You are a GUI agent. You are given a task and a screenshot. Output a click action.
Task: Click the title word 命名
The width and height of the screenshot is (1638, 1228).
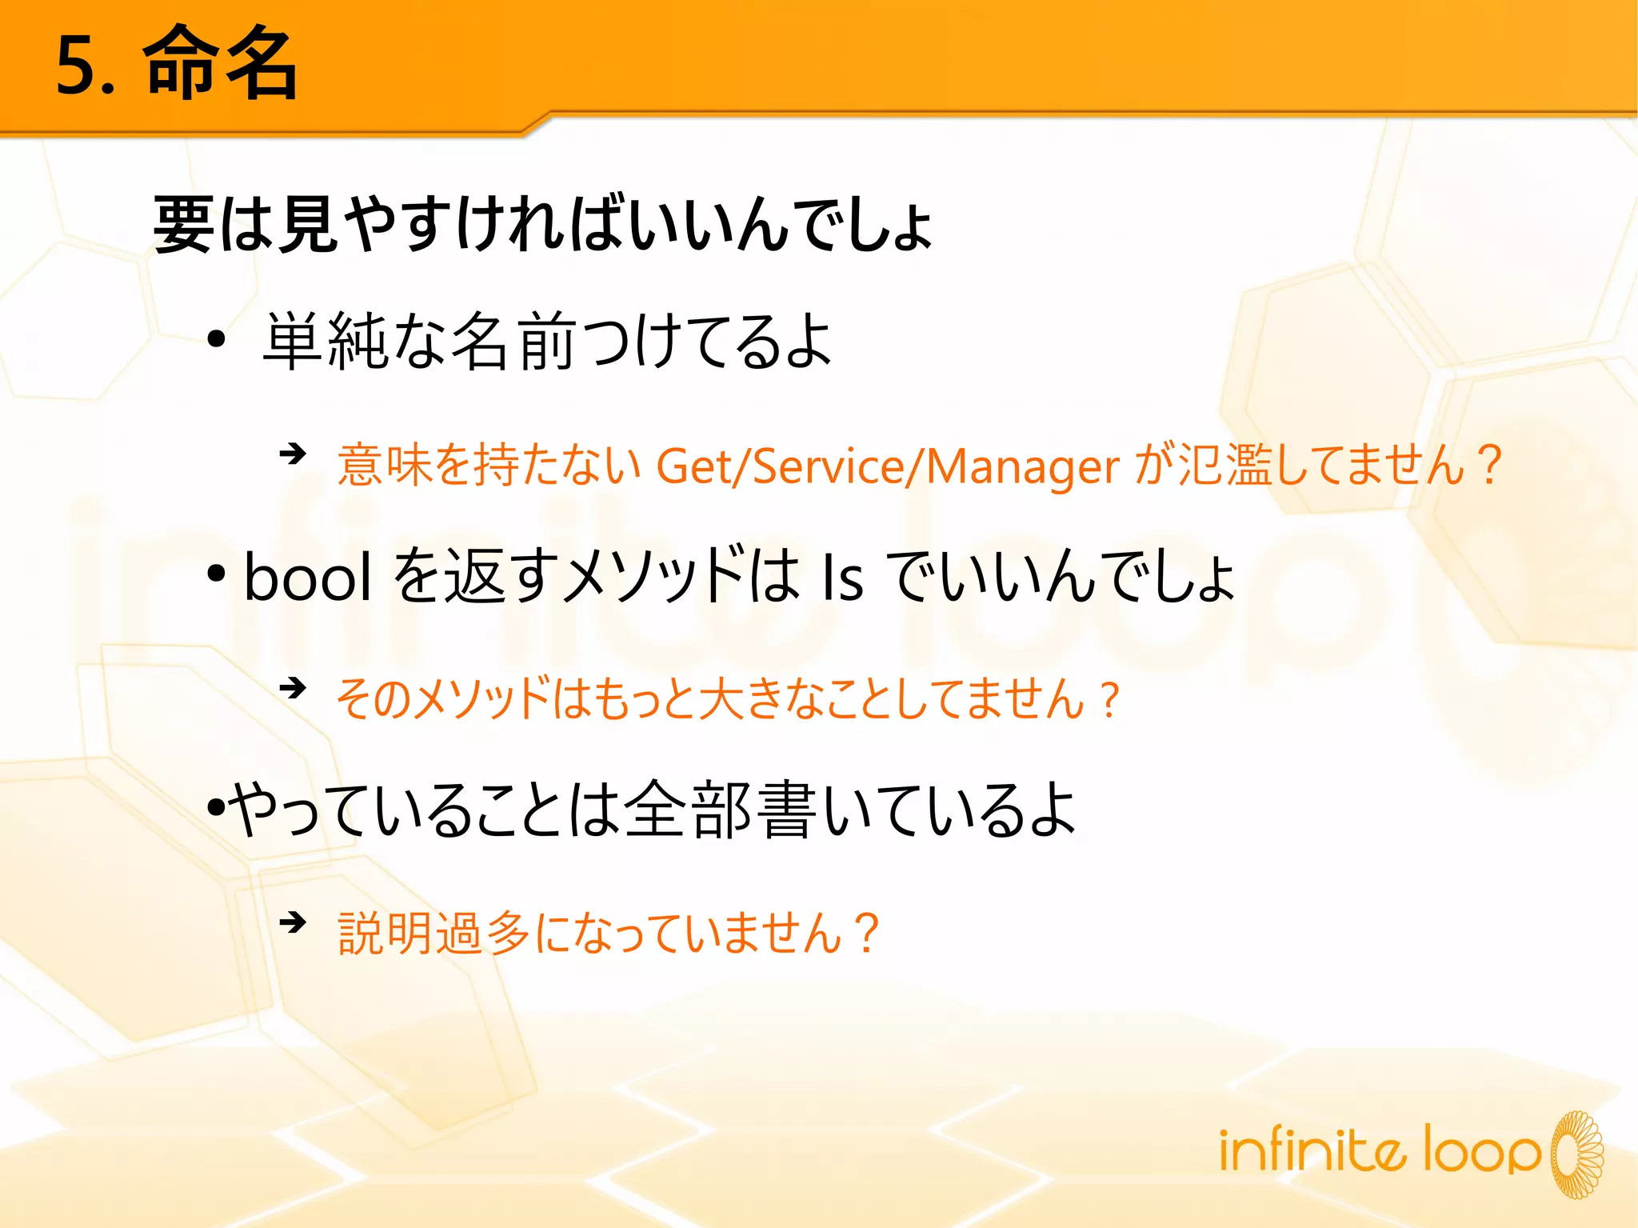point(220,64)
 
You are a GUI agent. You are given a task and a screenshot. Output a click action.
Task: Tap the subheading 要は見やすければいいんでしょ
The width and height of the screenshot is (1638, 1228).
point(542,225)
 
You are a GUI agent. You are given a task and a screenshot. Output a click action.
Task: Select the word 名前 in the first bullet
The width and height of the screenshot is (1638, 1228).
point(513,342)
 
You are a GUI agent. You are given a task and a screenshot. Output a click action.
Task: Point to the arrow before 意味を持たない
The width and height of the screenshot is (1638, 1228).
point(293,454)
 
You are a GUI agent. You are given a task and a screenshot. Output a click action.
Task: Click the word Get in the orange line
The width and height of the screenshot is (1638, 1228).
point(694,466)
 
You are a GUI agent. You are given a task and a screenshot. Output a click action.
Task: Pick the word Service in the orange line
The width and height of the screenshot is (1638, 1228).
point(827,466)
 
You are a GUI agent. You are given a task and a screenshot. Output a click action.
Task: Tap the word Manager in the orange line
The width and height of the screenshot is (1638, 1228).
point(1022,467)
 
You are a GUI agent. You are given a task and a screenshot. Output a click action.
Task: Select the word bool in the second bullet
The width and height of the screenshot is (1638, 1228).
point(307,577)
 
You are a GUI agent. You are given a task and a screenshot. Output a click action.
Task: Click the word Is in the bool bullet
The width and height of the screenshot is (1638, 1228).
point(842,578)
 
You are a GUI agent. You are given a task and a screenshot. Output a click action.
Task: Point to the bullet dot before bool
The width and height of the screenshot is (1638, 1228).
point(215,573)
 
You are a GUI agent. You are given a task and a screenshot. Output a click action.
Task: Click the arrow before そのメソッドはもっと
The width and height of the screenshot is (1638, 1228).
point(293,687)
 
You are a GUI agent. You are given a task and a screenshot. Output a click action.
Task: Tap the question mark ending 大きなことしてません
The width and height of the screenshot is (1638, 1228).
point(1109,700)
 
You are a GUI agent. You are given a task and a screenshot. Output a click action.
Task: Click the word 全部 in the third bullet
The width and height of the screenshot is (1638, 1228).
point(687,809)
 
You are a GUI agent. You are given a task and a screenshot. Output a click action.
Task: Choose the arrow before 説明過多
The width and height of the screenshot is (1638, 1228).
point(293,922)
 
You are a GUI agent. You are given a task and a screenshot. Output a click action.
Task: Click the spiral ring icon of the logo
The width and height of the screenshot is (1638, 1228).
point(1576,1153)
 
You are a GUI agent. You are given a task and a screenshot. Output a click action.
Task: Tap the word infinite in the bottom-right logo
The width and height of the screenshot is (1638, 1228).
point(1311,1149)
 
